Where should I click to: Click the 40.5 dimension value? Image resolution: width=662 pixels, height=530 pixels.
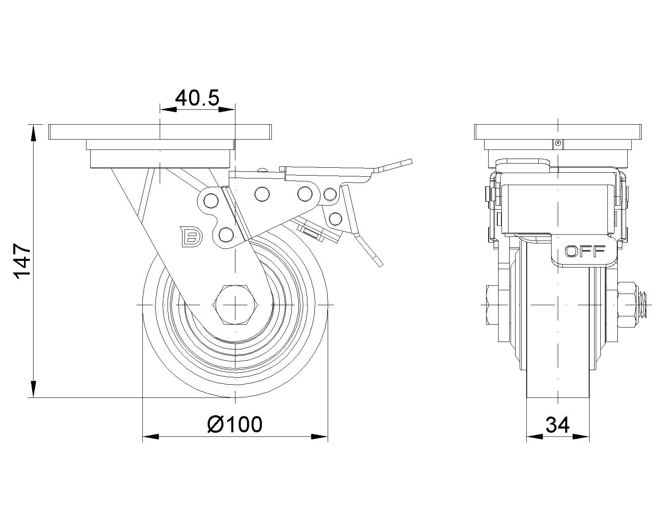[197, 98]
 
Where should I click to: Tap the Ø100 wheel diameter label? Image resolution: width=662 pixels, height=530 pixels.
[235, 424]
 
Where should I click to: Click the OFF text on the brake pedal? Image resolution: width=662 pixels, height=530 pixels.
[585, 251]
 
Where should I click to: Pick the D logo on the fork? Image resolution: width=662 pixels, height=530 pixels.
[191, 237]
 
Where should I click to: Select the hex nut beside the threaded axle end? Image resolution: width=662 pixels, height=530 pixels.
[628, 305]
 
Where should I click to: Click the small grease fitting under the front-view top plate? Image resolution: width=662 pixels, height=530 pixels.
[558, 143]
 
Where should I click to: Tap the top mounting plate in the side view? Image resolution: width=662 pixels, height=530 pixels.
[160, 132]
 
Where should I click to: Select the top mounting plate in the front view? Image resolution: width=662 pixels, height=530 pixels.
[558, 132]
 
